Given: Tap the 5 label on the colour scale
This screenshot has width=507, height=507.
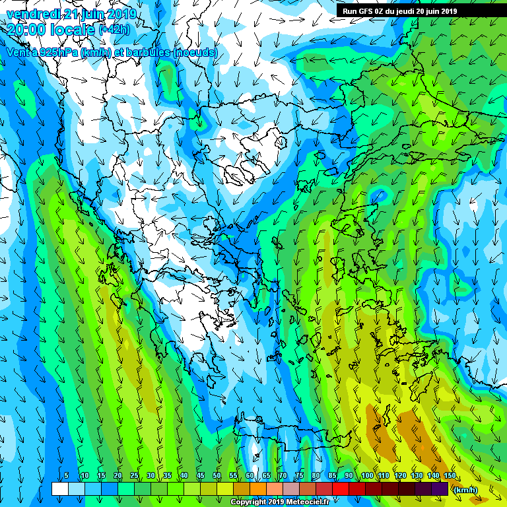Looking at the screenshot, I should point(66,476).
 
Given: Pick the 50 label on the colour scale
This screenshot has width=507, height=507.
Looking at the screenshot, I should point(217,476).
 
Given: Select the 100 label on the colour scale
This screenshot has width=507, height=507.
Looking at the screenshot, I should point(367,476).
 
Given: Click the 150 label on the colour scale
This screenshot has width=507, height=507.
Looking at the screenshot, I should point(450,476).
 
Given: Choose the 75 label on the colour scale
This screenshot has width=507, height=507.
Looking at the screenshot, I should point(299,476).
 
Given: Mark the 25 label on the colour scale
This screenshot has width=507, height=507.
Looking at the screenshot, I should point(134,476).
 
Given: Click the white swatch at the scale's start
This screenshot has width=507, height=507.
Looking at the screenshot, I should point(59,489).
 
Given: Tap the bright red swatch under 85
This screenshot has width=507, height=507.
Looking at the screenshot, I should point(341,489).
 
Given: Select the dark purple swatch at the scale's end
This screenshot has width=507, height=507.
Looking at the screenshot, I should point(440,489).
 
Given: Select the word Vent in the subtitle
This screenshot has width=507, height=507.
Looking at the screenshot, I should point(18,52).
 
